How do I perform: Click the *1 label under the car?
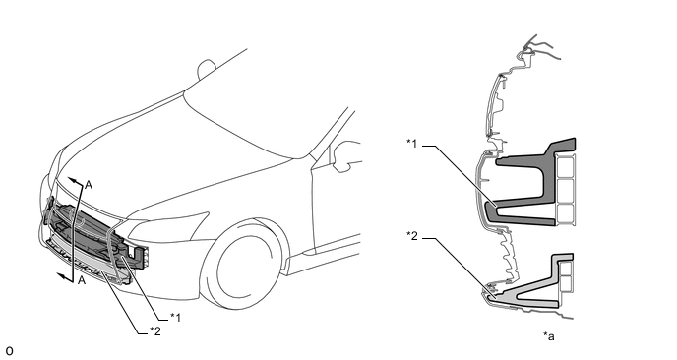[x=175, y=318]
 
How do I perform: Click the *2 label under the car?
[x=155, y=331]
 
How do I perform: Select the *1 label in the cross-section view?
[x=412, y=144]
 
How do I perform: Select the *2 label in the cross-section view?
[x=412, y=236]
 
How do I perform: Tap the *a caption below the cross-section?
[x=549, y=335]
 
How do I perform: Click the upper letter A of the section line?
[x=89, y=185]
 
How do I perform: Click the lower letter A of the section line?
[x=82, y=281]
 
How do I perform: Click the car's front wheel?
[x=243, y=265]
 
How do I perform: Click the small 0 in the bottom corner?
[x=9, y=351]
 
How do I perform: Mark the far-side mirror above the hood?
[x=206, y=69]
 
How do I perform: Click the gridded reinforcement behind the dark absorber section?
[x=566, y=189]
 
